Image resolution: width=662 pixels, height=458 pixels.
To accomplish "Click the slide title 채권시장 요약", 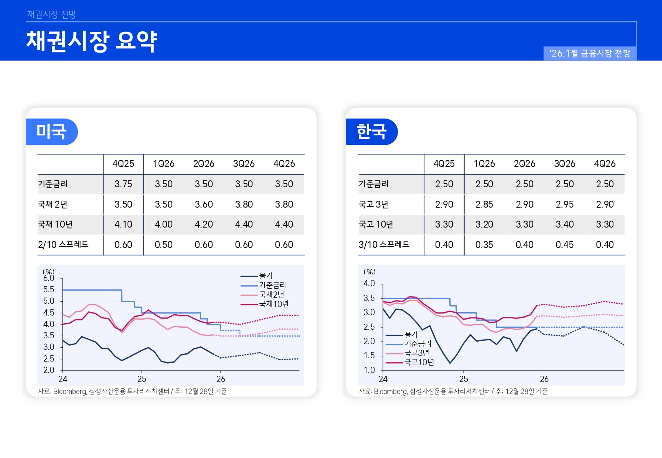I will point(92,41).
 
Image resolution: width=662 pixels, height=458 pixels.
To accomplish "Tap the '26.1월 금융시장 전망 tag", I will point(589,53).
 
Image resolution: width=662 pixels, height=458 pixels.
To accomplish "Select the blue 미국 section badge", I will point(51,131).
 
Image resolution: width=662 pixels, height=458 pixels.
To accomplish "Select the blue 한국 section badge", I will point(371,131).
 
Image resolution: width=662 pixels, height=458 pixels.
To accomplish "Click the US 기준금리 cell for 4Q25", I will point(123,184).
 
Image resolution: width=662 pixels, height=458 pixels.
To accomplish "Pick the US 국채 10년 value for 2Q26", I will point(204,224).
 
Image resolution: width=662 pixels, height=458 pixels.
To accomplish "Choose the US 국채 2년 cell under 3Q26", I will point(244,204).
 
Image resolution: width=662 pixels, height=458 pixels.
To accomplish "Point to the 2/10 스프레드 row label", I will point(63,245).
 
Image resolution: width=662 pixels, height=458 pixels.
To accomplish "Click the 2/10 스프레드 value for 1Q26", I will point(163,245).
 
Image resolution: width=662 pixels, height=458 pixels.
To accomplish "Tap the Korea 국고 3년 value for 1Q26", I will point(484,204).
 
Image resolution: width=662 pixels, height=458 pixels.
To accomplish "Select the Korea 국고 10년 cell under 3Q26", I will point(565,224).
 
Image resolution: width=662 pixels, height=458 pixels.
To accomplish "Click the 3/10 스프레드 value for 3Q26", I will point(565,245).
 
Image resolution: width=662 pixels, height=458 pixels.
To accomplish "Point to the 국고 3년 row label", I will point(373,204).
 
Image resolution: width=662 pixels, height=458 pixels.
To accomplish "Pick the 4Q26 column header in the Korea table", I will point(605,164).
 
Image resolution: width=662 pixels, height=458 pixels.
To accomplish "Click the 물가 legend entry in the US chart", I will point(266,276).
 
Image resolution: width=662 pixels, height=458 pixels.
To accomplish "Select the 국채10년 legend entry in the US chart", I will point(273,304).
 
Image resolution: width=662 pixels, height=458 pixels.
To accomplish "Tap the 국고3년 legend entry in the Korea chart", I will point(416,353).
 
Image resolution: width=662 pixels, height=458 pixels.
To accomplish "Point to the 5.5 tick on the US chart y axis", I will point(48,289).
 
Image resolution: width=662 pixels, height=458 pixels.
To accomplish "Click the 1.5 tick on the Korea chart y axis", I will point(369,355).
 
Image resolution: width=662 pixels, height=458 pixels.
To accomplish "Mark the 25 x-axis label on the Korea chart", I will point(464,379).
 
